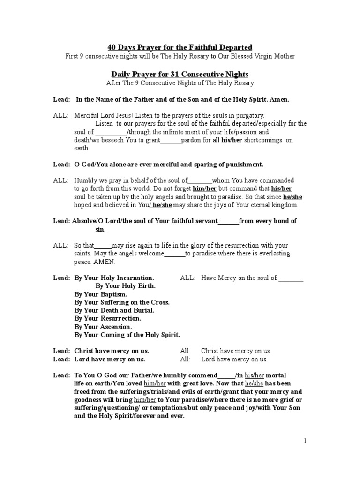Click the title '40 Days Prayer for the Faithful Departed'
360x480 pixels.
coord(180,47)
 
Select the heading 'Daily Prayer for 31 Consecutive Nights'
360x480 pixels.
coord(180,74)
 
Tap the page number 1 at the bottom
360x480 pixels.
coord(305,441)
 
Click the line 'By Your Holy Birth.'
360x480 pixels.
coord(126,286)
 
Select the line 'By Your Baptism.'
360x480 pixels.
coord(100,294)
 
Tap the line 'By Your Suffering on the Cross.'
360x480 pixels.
coord(122,302)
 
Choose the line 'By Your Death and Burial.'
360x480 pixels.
coord(114,310)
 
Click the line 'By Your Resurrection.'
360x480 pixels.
coord(108,318)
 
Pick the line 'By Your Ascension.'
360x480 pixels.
coord(103,327)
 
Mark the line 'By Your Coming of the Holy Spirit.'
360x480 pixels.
coord(127,335)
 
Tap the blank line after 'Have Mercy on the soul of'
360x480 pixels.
coord(291,278)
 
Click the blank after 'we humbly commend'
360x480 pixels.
coord(226,375)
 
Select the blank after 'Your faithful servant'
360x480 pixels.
coord(228,221)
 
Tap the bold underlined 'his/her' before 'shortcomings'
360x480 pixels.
coord(231,140)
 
